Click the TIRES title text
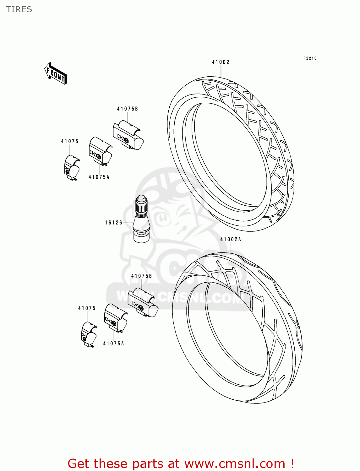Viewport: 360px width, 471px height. tap(19, 9)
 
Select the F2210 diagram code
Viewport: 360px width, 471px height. tap(310, 58)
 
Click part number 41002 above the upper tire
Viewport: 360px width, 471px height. tap(221, 62)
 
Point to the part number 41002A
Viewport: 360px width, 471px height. tap(231, 239)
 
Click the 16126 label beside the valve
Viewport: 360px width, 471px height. tap(113, 223)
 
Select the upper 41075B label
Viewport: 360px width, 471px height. tap(128, 109)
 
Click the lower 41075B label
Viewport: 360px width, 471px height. tap(141, 276)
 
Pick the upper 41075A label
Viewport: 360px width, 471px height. tap(99, 177)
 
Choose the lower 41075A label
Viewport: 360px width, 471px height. tap(114, 344)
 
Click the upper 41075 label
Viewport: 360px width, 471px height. tap(70, 141)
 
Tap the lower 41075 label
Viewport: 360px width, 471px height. tap(87, 308)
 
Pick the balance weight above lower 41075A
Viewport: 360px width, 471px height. tap(115, 318)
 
